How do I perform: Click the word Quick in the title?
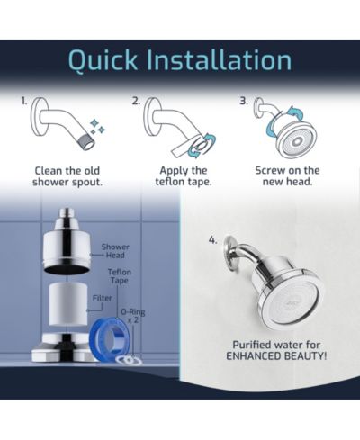coord(103,61)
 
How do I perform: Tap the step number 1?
coord(23,102)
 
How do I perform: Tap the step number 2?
coord(136,102)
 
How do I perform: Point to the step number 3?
coord(244,102)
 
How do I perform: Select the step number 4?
coord(212,240)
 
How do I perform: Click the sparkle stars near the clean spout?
coord(98,127)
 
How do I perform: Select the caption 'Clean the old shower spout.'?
coord(67,176)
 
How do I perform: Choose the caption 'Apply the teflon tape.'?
coord(184,176)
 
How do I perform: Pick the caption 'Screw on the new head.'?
coord(287,176)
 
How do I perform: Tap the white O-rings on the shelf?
coord(130,360)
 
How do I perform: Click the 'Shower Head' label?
coord(115,251)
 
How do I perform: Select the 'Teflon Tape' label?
coord(120,276)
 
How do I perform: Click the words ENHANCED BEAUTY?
coord(276,356)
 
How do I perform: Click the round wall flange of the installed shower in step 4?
coord(230,250)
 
